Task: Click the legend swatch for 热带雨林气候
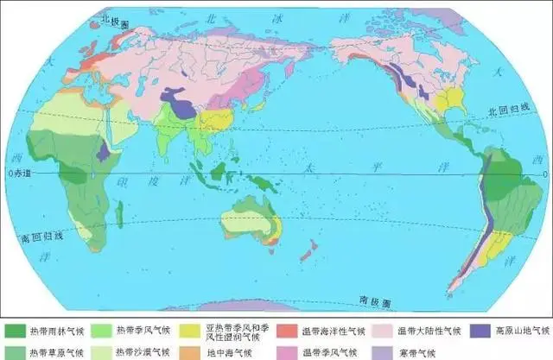coord(15,331)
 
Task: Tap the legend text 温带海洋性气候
coord(328,332)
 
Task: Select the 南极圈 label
coord(372,302)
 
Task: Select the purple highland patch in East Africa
coord(104,151)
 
